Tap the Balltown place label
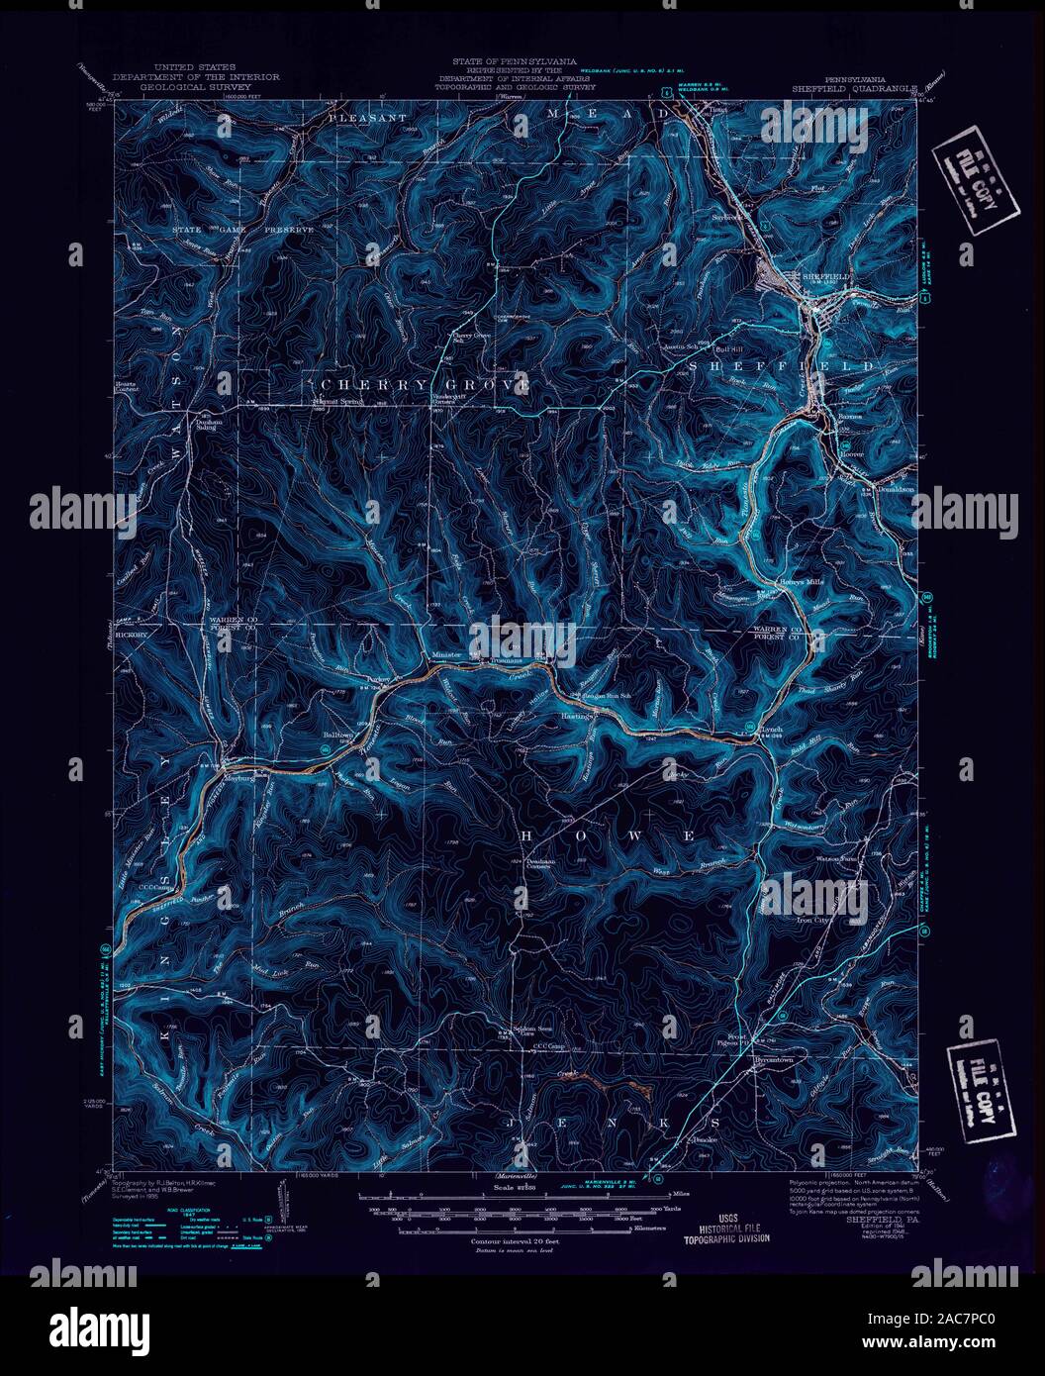coord(337,736)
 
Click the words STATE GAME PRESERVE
coord(243,230)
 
